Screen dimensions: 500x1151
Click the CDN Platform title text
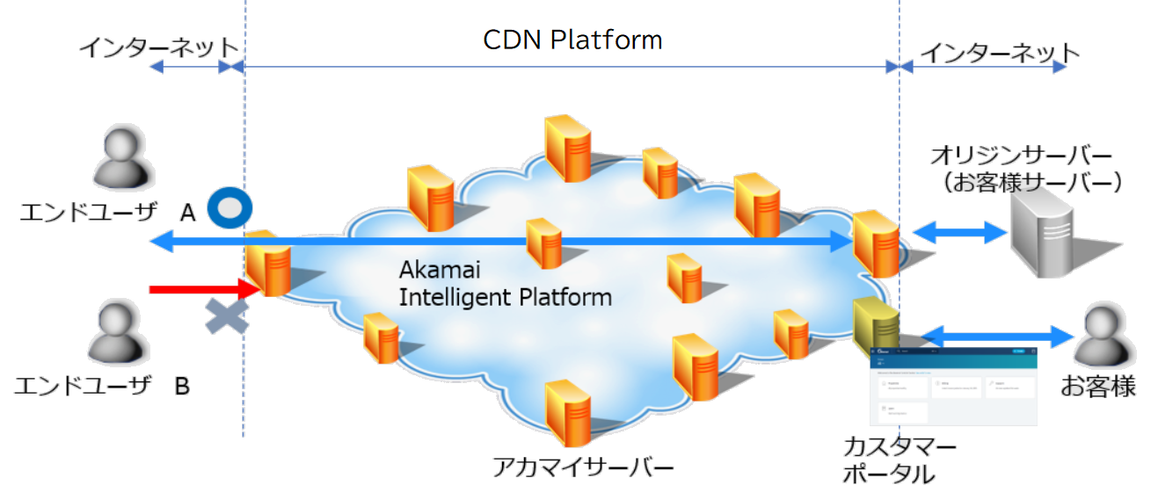tap(572, 40)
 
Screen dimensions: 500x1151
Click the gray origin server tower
tap(1044, 232)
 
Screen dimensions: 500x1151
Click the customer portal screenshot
tap(953, 386)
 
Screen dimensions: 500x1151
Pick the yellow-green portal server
tap(875, 325)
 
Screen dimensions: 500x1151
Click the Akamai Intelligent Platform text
tap(505, 283)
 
